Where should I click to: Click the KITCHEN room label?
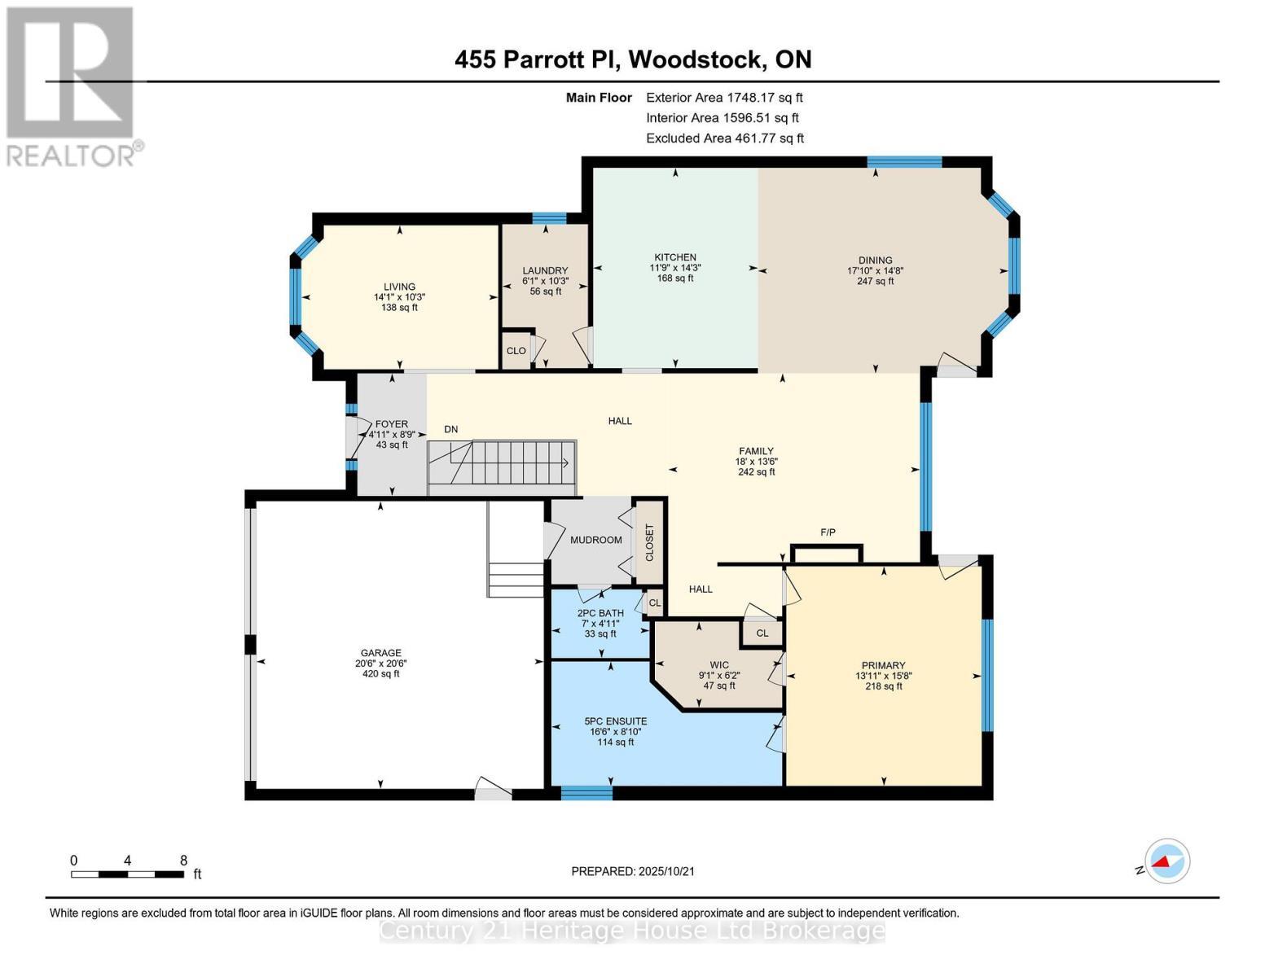674,257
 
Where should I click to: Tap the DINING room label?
875,261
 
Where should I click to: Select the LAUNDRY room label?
544,271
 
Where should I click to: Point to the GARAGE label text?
380,652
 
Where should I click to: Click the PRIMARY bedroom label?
883,665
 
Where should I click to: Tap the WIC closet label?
718,664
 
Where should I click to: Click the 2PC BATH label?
600,613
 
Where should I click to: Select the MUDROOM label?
595,540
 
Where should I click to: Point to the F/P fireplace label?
828,532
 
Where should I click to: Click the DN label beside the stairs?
450,429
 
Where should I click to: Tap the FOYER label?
391,424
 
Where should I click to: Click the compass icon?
1166,861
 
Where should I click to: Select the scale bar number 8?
183,860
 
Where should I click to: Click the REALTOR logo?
72,85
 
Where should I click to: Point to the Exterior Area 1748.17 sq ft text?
723,97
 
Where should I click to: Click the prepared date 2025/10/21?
666,871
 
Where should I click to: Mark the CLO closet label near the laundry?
516,351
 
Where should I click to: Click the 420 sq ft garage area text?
380,673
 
